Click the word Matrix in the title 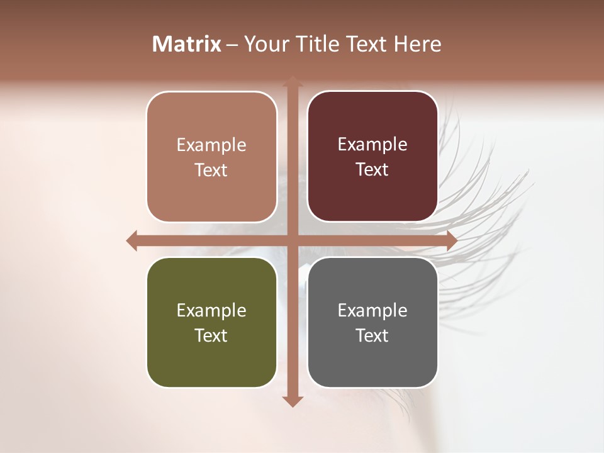coord(187,44)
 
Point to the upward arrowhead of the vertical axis coord(291,82)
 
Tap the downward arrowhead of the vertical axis coord(291,401)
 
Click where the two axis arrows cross coord(291,240)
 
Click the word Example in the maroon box coord(372,145)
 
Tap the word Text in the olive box coord(211,335)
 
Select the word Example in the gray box coord(372,310)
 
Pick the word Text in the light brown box coord(211,170)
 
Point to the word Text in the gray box coord(372,335)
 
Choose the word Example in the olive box coord(211,310)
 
